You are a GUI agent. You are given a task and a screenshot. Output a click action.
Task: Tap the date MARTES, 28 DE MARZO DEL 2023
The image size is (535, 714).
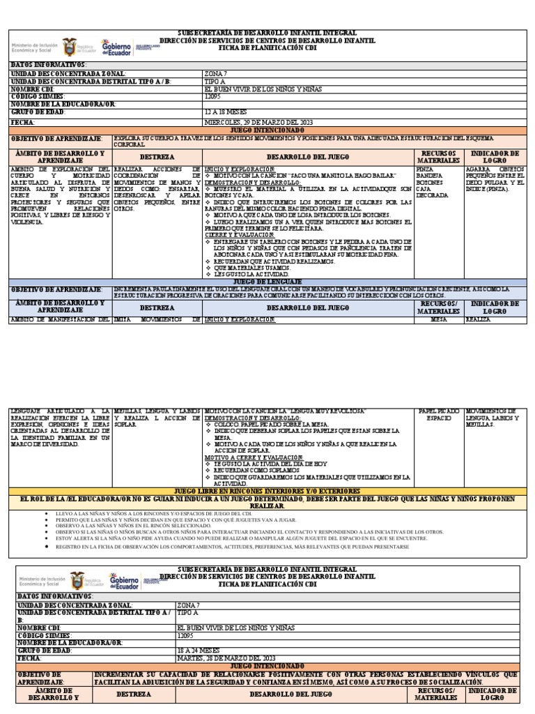tap(227, 658)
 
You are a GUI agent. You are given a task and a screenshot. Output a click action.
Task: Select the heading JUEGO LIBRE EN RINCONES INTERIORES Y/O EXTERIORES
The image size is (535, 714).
tap(267, 492)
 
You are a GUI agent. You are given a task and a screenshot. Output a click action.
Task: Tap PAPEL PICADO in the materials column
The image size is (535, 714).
tap(439, 411)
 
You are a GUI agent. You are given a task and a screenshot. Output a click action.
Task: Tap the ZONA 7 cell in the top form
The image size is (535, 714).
tap(215, 73)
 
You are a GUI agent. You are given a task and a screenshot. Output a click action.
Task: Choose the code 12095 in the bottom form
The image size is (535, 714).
tap(188, 634)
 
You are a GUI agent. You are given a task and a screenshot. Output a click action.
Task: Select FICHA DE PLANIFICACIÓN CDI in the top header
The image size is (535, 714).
tap(267, 49)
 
